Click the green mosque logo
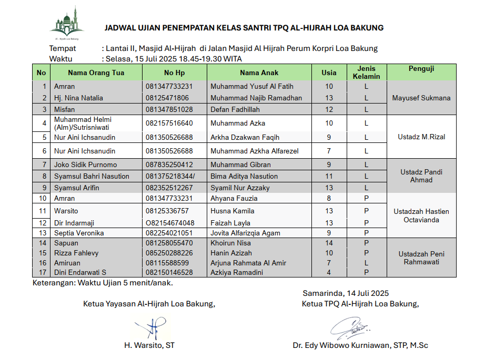pyautogui.click(x=67, y=24)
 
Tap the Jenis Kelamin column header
pyautogui.click(x=366, y=73)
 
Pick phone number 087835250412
pyautogui.click(x=169, y=165)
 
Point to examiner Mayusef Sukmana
pyautogui.click(x=421, y=98)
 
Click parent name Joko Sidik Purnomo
pyautogui.click(x=85, y=165)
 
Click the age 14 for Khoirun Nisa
pyautogui.click(x=329, y=243)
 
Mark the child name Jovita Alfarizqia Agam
pyautogui.click(x=245, y=233)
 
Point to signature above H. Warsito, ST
pyautogui.click(x=153, y=329)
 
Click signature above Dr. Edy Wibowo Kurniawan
pyautogui.click(x=350, y=328)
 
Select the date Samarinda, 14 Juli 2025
pyautogui.click(x=345, y=293)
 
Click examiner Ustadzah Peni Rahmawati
pyautogui.click(x=421, y=258)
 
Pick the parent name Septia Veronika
pyautogui.click(x=79, y=233)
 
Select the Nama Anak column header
pyautogui.click(x=259, y=73)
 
